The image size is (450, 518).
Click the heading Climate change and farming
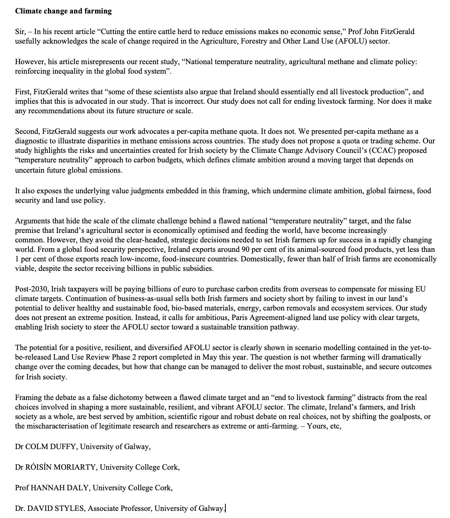63,11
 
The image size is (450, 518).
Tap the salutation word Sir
20,32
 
